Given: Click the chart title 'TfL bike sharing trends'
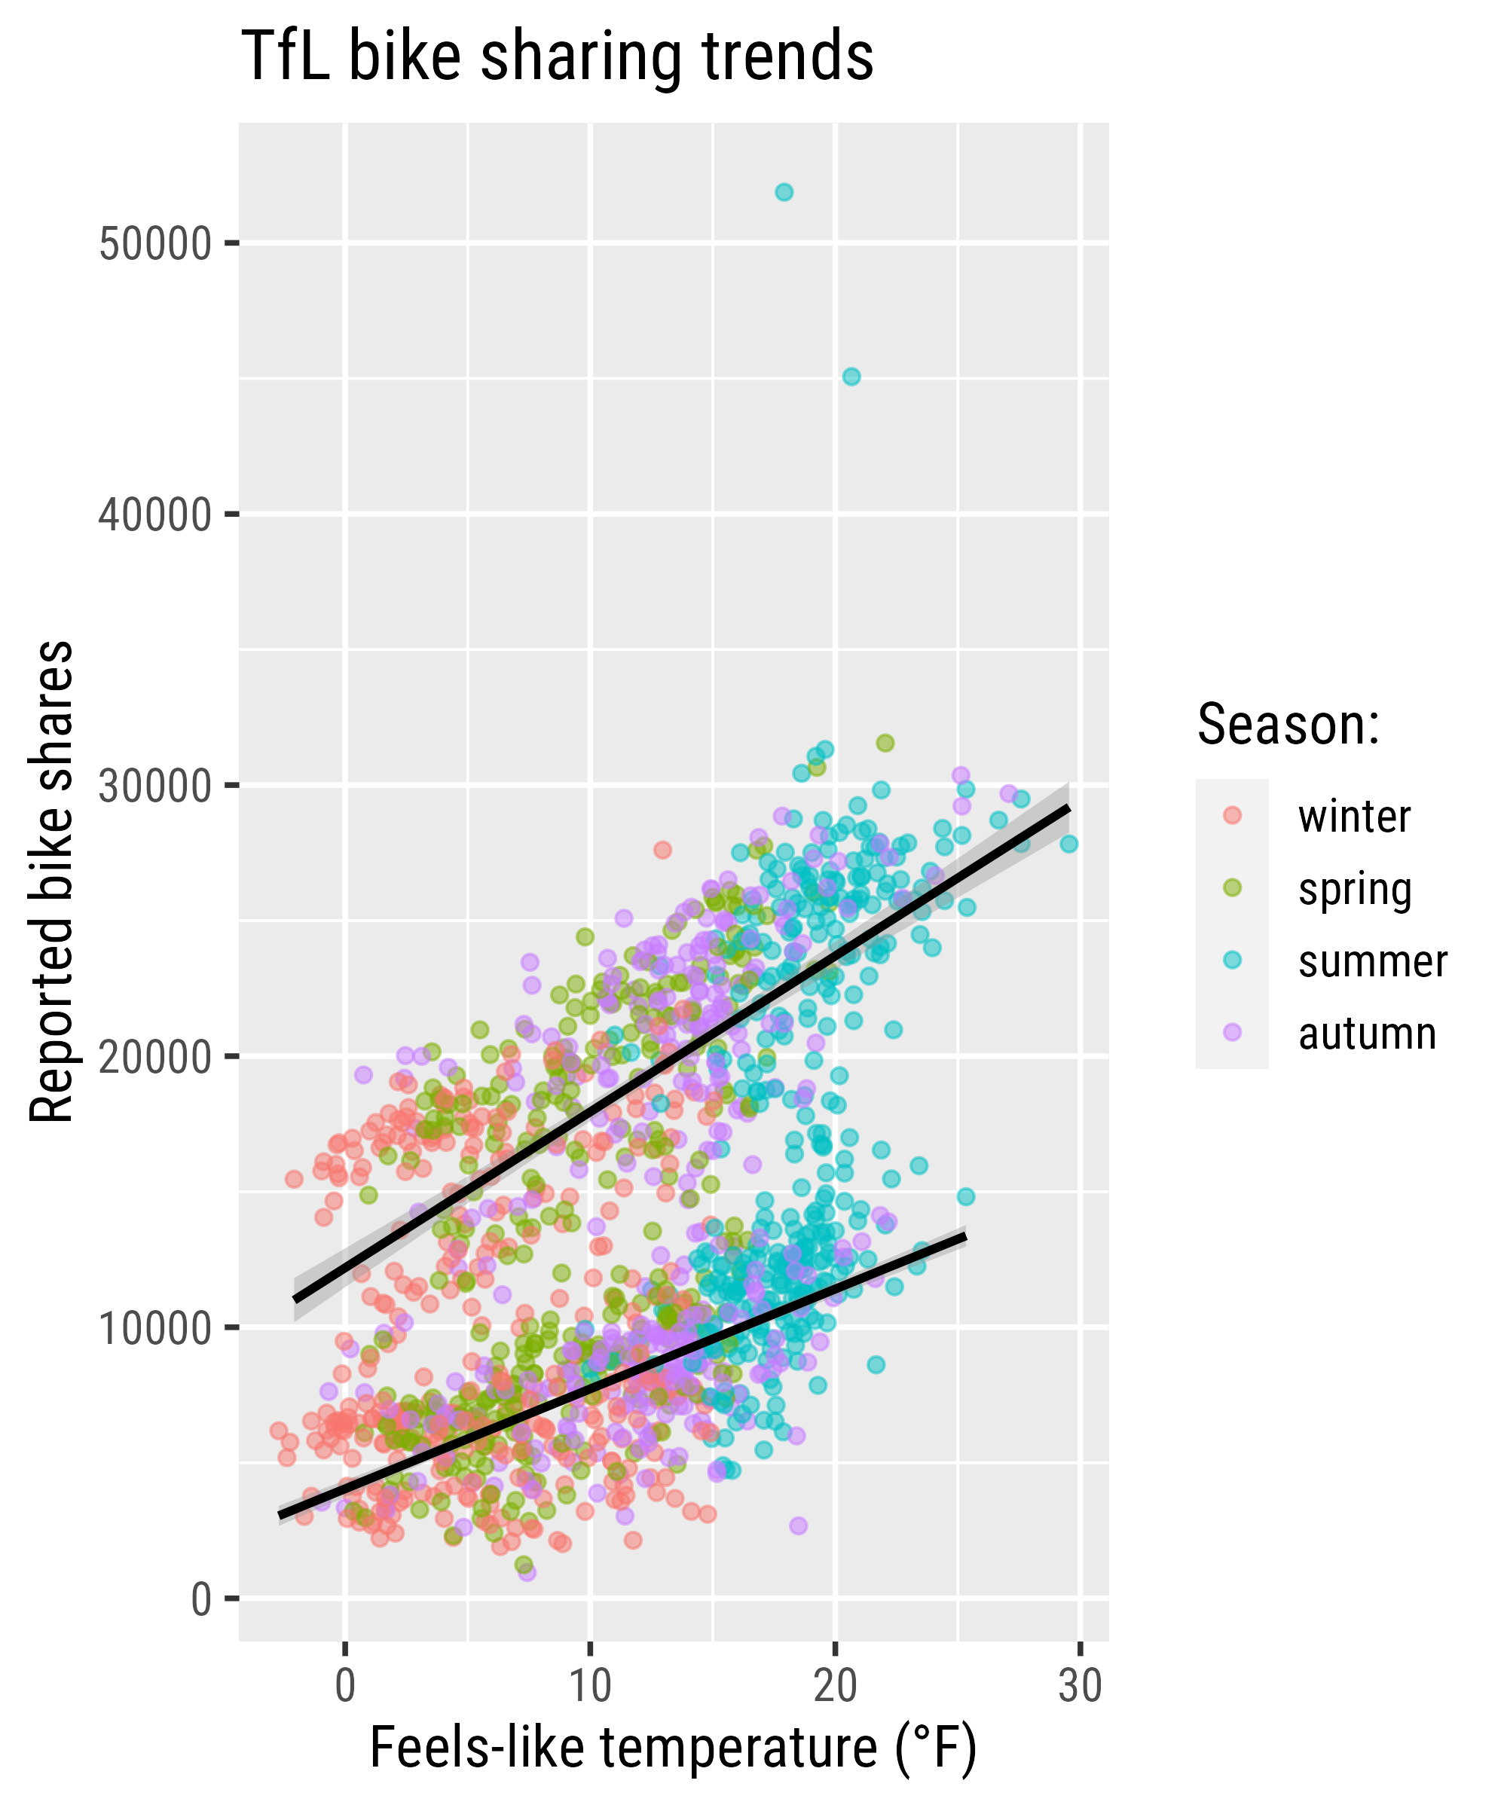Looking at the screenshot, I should [x=557, y=56].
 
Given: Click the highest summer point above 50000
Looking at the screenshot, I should [x=784, y=192].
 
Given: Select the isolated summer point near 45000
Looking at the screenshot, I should [x=851, y=376].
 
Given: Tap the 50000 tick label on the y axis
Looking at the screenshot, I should [x=155, y=245].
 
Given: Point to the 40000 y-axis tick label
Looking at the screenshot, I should [x=155, y=516].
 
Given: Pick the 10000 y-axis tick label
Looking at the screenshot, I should [x=155, y=1328].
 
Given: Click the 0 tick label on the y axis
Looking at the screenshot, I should [x=200, y=1599].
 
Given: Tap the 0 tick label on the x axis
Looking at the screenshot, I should [x=344, y=1686].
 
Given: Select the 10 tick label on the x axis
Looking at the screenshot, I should [x=590, y=1686].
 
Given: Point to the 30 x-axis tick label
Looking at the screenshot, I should [x=1080, y=1686].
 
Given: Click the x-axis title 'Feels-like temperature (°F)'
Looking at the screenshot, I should [x=674, y=1749].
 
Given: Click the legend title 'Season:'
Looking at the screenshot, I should [x=1288, y=724].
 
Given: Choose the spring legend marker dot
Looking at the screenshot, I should [x=1232, y=887].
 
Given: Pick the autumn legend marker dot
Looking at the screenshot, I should [x=1232, y=1032].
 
